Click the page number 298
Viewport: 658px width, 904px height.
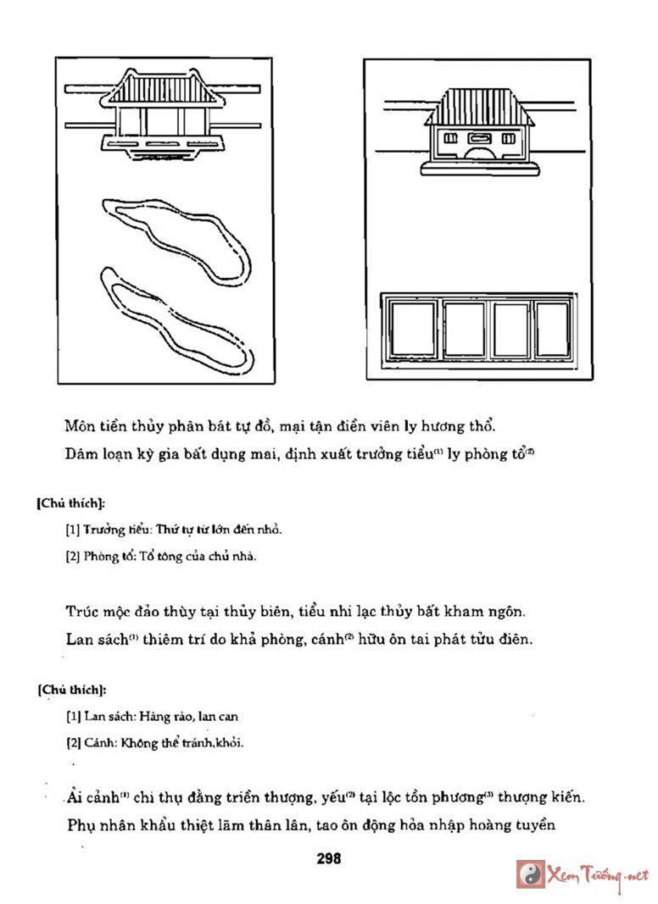click(x=328, y=858)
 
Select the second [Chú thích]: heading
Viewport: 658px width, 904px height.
click(x=71, y=690)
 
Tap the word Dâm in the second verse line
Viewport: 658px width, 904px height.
click(x=81, y=453)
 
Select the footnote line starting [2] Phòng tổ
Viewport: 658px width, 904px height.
click(x=160, y=557)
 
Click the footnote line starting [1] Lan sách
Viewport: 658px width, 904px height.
click(x=152, y=716)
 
